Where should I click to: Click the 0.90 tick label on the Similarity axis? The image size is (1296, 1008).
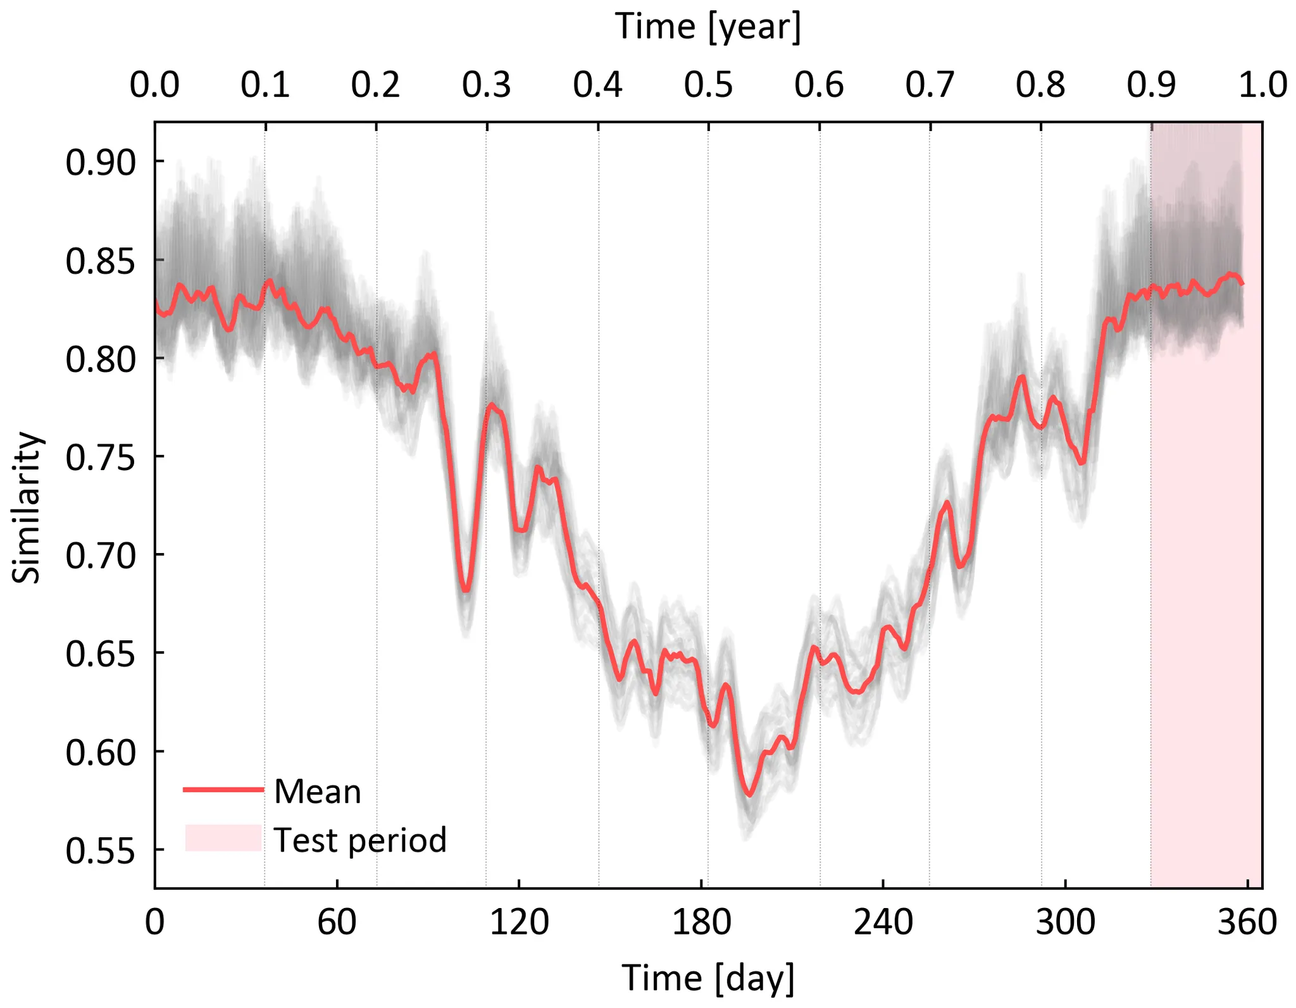(101, 163)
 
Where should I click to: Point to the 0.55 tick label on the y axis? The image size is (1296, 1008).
(101, 851)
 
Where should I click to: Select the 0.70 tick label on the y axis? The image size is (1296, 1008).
(101, 556)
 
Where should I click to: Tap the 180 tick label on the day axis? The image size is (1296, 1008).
(701, 923)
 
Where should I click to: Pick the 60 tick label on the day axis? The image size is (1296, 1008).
(337, 923)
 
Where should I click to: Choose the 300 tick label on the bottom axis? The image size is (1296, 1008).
(1065, 923)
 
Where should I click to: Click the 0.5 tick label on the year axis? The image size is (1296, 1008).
(708, 85)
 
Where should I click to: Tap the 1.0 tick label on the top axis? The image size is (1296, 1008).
(1262, 85)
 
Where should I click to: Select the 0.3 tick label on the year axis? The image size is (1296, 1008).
(486, 85)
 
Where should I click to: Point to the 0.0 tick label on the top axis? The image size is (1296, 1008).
(154, 85)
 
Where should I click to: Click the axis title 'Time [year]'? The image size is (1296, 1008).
(708, 27)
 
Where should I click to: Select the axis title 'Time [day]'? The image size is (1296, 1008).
(708, 978)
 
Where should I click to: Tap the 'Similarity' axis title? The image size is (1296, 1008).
(27, 506)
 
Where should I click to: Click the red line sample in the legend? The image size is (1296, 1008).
(223, 789)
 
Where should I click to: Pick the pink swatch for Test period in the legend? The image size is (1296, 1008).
(223, 838)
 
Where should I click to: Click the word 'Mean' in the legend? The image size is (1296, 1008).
(318, 792)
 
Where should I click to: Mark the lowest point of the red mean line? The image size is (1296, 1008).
(750, 795)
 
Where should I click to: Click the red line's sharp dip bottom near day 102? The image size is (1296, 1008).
(466, 590)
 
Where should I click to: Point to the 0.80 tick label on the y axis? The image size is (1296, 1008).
(101, 359)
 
